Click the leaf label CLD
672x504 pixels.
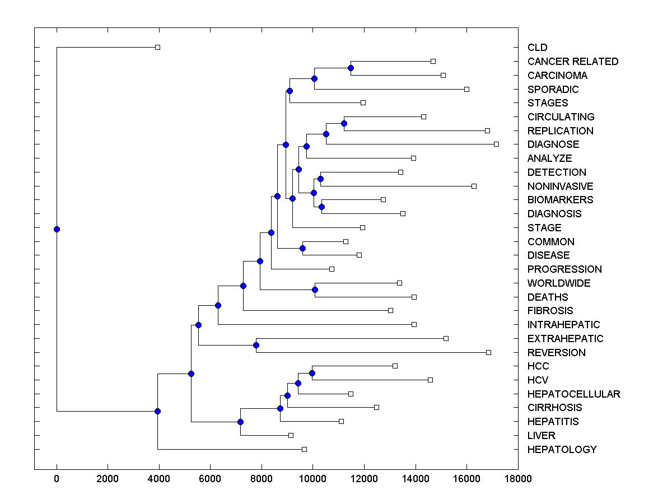[x=537, y=48]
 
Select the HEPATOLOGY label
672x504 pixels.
[x=562, y=449]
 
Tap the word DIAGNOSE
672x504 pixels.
[x=553, y=144]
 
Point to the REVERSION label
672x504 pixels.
[x=556, y=352]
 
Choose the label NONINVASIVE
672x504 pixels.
[x=560, y=186]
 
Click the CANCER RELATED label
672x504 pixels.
[x=572, y=62]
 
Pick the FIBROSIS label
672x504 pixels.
[x=550, y=311]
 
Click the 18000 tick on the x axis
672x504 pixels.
[x=517, y=478]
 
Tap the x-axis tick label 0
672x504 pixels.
[x=57, y=478]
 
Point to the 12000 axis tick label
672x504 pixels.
[x=364, y=478]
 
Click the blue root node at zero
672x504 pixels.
[x=57, y=229]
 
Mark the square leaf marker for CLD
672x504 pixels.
[x=157, y=48]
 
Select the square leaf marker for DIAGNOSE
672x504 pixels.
[x=496, y=144]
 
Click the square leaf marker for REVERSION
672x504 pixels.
[x=488, y=352]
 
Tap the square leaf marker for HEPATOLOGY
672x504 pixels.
[x=304, y=449]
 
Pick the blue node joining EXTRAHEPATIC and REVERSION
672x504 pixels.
[x=256, y=345]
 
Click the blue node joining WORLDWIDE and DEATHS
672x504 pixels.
[x=315, y=290]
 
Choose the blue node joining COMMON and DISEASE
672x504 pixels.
[x=302, y=248]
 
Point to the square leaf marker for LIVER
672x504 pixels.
[x=291, y=435]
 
